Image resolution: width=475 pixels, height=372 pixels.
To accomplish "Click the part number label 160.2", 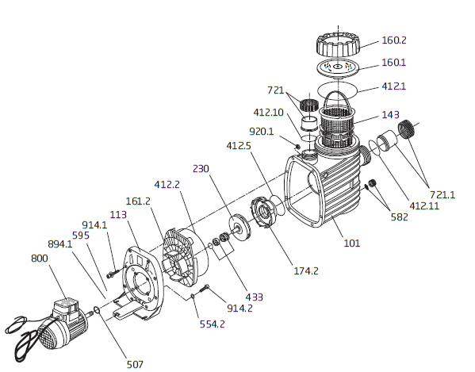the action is (393, 40).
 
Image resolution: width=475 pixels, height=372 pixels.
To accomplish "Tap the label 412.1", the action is (393, 86).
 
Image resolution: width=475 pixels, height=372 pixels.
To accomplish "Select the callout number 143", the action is (390, 115).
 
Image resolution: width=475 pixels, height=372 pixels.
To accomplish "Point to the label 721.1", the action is (442, 195).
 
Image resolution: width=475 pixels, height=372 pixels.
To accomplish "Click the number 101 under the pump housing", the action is (352, 243).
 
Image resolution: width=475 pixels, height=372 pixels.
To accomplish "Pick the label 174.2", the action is (306, 270).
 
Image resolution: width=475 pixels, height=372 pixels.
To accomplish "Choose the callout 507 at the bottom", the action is (135, 364).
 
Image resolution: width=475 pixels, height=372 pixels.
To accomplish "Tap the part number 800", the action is (40, 259).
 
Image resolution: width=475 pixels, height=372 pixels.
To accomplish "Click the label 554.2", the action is (212, 324).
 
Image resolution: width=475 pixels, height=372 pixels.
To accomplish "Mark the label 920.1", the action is (261, 132).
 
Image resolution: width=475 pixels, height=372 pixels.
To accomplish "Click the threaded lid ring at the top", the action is (339, 45).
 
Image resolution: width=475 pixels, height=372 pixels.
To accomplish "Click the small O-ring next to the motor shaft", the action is (96, 310).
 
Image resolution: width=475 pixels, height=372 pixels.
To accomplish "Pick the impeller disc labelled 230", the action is (239, 227).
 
